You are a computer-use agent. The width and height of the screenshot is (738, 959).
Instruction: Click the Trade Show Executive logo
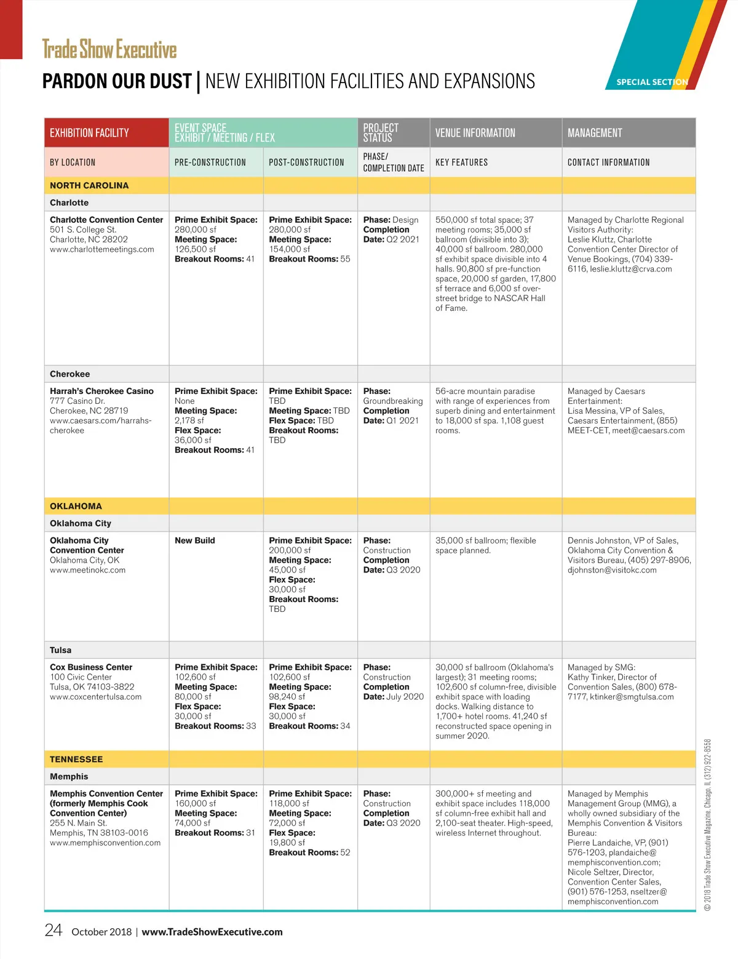tap(109, 49)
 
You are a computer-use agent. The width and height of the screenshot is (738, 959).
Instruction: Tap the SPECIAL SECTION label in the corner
tap(652, 82)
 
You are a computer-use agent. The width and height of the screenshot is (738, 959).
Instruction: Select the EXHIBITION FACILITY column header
tap(89, 133)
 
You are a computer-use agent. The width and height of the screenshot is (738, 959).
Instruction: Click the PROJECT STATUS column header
tap(381, 132)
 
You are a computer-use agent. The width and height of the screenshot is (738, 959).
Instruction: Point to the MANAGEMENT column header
tap(595, 133)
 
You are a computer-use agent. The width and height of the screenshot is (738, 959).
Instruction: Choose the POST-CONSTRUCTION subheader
tap(306, 163)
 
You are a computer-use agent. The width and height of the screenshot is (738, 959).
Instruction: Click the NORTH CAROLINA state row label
tap(89, 185)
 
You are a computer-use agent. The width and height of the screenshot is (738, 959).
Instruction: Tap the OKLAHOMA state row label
tap(76, 506)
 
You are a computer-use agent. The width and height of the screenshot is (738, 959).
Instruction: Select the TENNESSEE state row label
tap(76, 759)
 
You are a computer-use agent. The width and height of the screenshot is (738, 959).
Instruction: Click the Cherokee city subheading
tap(69, 374)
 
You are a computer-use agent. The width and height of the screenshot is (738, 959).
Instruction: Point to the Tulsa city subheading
tap(60, 650)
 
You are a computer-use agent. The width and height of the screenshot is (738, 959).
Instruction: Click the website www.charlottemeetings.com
tap(102, 249)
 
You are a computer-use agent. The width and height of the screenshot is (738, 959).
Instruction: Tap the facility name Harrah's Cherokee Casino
tap(101, 391)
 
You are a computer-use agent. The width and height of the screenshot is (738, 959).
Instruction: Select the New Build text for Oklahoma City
tap(195, 540)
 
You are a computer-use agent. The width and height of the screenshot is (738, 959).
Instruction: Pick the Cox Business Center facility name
tap(91, 667)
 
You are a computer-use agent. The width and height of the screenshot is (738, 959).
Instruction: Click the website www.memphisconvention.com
tap(105, 843)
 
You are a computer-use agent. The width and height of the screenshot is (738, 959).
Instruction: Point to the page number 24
tap(54, 930)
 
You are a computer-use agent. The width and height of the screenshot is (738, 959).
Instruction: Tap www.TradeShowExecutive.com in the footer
tap(212, 932)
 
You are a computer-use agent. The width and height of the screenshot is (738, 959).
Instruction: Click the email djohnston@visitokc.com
tap(612, 570)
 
